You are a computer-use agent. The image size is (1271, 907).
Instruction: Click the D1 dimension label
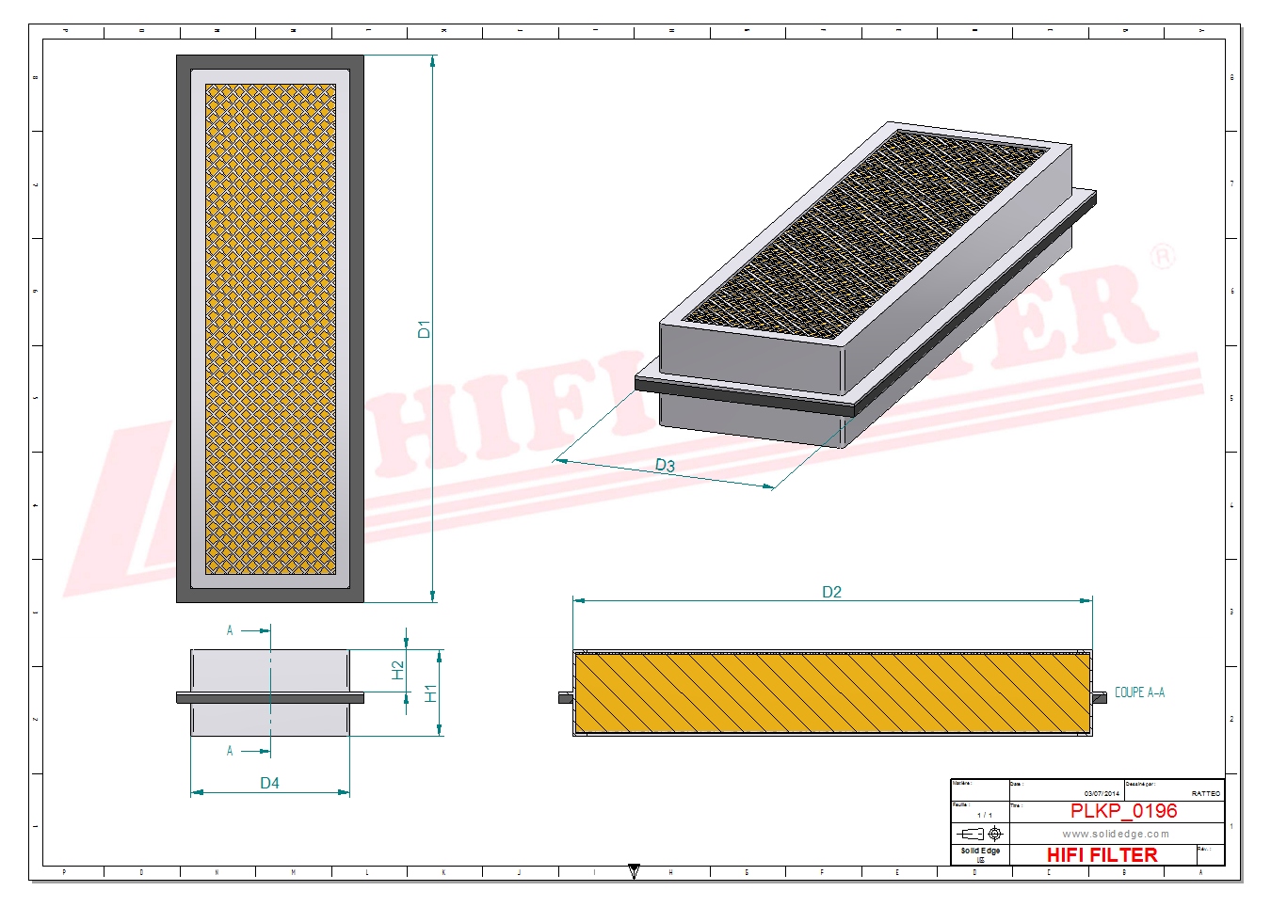point(424,329)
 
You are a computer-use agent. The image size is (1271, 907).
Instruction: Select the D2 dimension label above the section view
point(831,592)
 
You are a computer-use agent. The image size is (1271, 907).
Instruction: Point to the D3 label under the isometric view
point(665,466)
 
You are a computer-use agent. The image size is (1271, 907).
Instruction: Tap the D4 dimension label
point(269,783)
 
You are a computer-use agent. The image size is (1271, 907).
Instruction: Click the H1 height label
point(431,693)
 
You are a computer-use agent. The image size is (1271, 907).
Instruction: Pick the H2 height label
point(398,670)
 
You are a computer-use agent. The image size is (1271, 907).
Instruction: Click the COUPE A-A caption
point(1139,692)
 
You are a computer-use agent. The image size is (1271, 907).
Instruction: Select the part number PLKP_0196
point(1123,811)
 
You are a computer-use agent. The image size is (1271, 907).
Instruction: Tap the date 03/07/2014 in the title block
point(1102,794)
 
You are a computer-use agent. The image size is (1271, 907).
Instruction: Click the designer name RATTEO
point(1205,794)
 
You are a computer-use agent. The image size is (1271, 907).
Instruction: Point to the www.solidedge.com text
point(1116,834)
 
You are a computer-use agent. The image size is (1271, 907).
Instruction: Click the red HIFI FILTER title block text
point(1102,855)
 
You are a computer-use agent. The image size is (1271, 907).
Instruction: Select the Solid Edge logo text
point(980,851)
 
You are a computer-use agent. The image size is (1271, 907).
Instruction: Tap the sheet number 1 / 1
point(985,815)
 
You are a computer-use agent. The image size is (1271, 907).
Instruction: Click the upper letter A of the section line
point(230,630)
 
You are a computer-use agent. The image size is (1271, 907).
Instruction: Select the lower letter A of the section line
point(230,751)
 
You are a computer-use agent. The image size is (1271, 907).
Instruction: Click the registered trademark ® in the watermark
point(1164,256)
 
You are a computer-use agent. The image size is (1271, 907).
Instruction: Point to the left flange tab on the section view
point(565,697)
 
